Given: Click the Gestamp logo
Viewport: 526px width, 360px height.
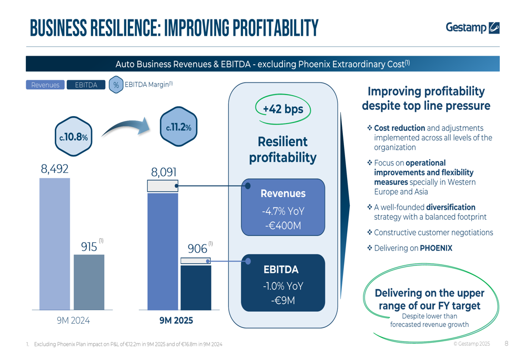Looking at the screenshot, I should tap(472, 27).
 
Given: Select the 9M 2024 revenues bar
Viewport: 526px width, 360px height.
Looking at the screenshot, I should tap(55, 244).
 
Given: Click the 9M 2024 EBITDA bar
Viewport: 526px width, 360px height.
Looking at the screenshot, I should tap(89, 282).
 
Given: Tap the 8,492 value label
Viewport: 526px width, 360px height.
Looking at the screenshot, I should tap(55, 170).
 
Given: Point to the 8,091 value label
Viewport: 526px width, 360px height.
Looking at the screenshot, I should tap(164, 172).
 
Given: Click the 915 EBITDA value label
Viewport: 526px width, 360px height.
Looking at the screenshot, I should tap(89, 246).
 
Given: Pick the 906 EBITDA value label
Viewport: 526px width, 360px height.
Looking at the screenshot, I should tap(197, 249).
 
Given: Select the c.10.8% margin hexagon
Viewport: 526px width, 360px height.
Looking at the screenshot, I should tap(73, 137).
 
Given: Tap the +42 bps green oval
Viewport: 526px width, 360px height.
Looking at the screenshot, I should tap(283, 109).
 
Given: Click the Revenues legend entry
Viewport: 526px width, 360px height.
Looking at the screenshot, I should tap(45, 85).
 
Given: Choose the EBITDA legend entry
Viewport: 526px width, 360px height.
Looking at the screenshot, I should tap(86, 85).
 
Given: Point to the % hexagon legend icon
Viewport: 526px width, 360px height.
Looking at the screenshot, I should tap(116, 85).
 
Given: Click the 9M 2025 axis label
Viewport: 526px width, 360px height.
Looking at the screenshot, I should tap(176, 320).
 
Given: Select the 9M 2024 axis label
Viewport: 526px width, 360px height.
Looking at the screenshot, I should tap(73, 320).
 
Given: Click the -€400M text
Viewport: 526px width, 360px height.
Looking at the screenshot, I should tap(283, 225).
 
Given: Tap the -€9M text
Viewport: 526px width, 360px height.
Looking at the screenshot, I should tap(283, 301).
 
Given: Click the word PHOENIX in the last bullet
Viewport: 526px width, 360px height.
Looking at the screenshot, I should tap(436, 248).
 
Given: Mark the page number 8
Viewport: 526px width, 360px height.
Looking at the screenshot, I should tap(506, 344).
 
